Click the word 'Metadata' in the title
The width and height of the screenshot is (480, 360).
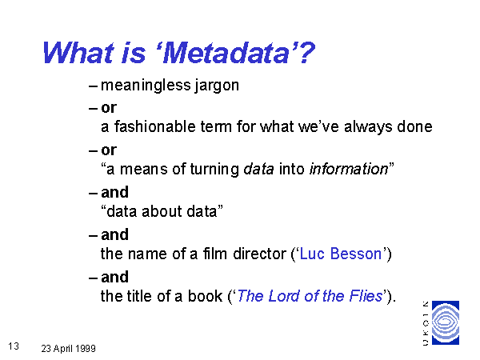click(x=226, y=53)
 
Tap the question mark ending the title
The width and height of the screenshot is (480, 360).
click(x=306, y=53)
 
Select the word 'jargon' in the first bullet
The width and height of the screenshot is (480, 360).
click(x=217, y=86)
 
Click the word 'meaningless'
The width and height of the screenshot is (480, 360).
click(x=146, y=86)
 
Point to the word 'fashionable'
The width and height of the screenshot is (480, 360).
click(x=155, y=126)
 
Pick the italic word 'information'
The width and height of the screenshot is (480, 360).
click(x=349, y=169)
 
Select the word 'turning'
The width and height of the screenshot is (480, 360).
click(x=214, y=170)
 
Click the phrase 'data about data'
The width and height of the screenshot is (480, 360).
click(x=162, y=211)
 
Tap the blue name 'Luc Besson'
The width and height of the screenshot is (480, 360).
click(x=341, y=254)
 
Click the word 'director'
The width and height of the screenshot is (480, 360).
click(x=259, y=254)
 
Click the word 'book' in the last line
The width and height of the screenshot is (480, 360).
click(x=205, y=296)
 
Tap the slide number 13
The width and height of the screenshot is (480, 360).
click(x=14, y=346)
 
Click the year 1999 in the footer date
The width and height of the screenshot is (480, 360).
click(x=86, y=348)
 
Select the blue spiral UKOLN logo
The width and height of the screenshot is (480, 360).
click(x=446, y=322)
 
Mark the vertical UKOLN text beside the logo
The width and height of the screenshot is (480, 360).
click(x=426, y=323)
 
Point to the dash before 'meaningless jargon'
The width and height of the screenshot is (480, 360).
click(x=93, y=86)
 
